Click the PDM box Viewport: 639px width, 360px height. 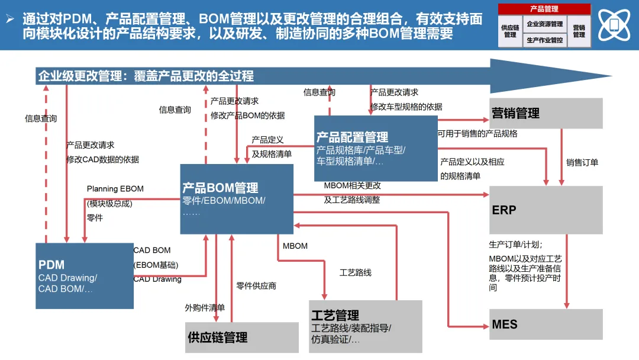(84, 275)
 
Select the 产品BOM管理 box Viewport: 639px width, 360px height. (237, 199)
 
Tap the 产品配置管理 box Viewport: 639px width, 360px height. (376, 148)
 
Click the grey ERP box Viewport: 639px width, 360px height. (546, 210)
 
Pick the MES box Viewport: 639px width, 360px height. (546, 324)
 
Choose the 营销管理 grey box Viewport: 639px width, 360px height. (546, 113)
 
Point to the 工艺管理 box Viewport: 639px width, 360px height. (366, 326)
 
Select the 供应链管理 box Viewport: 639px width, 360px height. (242, 337)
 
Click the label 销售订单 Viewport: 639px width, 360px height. (582, 162)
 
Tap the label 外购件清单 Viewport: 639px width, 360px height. (205, 308)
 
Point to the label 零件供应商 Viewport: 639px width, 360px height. (256, 286)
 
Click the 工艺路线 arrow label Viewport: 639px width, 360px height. (356, 273)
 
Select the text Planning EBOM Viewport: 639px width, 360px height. (115, 189)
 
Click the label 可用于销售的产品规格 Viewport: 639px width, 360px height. (477, 134)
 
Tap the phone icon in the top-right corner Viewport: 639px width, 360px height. (614, 25)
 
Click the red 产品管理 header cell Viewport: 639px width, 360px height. (544, 9)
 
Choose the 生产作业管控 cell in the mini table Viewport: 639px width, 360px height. (545, 40)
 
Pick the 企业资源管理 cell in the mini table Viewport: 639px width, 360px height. (545, 24)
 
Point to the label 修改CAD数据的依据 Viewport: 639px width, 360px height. (103, 159)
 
